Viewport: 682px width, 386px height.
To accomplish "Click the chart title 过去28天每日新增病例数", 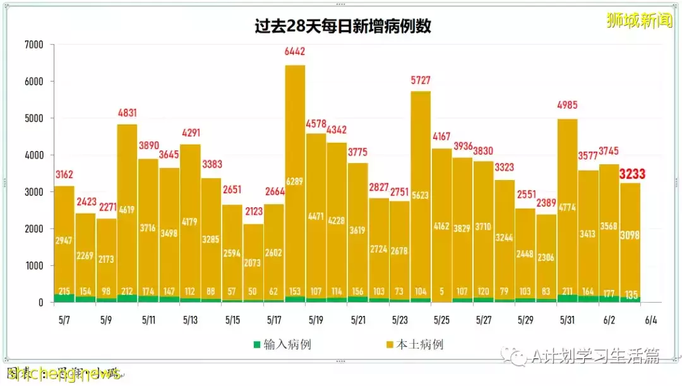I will click(343, 27).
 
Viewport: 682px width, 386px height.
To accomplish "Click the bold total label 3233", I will click(632, 174).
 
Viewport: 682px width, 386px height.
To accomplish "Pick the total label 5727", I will click(421, 81).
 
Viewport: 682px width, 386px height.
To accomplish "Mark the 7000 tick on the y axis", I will click(34, 45).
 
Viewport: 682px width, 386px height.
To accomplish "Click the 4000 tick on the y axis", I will click(34, 155).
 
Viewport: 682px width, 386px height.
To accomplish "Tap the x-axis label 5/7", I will click(64, 320).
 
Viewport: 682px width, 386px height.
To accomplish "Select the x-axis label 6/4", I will click(651, 320).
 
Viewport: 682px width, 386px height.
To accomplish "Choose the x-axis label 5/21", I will click(358, 320).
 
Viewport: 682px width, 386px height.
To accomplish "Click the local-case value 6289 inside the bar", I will click(295, 181).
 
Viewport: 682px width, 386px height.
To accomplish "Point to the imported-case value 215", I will click(64, 291).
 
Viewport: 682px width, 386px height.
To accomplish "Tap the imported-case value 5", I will click(441, 291).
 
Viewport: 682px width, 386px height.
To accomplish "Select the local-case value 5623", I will click(421, 195).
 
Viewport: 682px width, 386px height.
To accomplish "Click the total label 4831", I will click(127, 113).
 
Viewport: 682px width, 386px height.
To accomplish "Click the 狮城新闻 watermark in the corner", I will click(639, 20).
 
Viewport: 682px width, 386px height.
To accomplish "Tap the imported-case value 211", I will click(567, 291).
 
